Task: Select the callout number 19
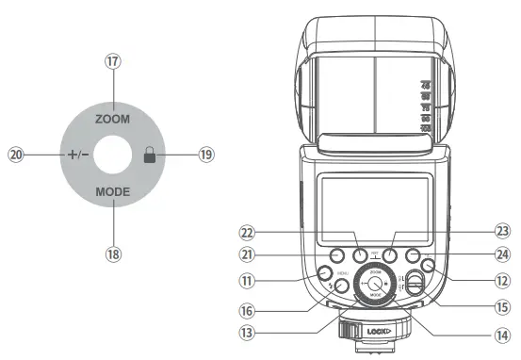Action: tap(206, 155)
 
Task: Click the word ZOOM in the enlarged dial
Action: tap(112, 120)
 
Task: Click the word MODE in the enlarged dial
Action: tap(112, 190)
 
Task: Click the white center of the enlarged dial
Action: tap(112, 155)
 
